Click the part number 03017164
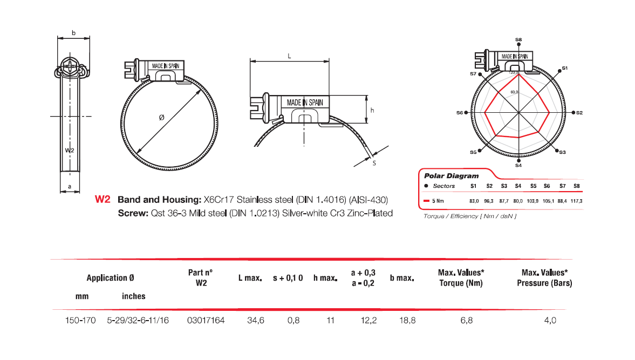tap(206, 321)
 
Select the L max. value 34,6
tap(255, 321)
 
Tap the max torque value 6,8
tap(466, 321)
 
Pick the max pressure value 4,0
tap(550, 321)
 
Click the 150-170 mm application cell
tap(80, 321)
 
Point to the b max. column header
tap(402, 278)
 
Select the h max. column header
tap(325, 278)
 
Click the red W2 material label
tap(103, 199)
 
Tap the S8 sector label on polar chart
tap(518, 39)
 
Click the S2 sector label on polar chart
tap(579, 113)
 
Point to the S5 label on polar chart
tap(473, 153)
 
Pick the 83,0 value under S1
tap(474, 201)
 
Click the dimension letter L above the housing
tap(289, 56)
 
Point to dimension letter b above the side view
tap(73, 33)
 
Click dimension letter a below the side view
tap(69, 186)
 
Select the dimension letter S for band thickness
tap(374, 162)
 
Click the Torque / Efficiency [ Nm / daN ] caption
tap(467, 216)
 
